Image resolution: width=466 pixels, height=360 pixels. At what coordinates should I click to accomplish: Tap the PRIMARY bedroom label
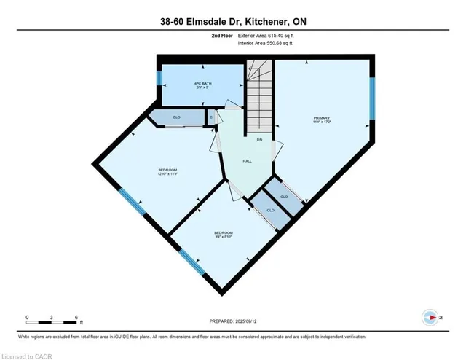(x=323, y=120)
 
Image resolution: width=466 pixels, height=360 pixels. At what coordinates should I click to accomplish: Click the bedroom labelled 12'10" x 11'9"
(x=167, y=172)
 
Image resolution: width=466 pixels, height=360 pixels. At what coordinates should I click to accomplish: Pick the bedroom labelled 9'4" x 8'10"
(x=222, y=235)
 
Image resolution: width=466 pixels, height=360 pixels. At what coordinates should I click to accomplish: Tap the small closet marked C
(x=211, y=117)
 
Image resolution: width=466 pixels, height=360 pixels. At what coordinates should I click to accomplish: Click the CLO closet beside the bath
(x=177, y=117)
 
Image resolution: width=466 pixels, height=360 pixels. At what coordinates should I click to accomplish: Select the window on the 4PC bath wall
(x=158, y=79)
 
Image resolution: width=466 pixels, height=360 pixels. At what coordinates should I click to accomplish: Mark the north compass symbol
(x=430, y=318)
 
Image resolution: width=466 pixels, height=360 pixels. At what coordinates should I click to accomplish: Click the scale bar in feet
(x=52, y=318)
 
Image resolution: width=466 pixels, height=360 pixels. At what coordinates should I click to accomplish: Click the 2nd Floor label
(x=221, y=35)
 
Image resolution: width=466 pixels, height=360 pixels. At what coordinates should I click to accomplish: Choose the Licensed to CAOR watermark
(x=24, y=355)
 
